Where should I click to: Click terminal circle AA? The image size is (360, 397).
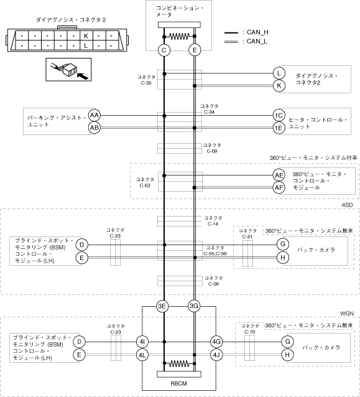coord(95,116)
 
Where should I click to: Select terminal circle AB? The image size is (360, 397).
coord(95,128)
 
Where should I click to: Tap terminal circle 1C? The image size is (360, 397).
coord(279,116)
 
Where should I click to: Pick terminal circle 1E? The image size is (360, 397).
coord(279,128)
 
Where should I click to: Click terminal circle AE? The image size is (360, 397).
coord(279,175)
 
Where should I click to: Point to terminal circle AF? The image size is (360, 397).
coord(279,188)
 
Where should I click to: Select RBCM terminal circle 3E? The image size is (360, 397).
coord(162,306)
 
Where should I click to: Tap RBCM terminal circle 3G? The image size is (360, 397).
coord(194,306)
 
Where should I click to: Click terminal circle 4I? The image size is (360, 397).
coord(142,342)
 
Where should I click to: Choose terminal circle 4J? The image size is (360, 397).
coord(216,355)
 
